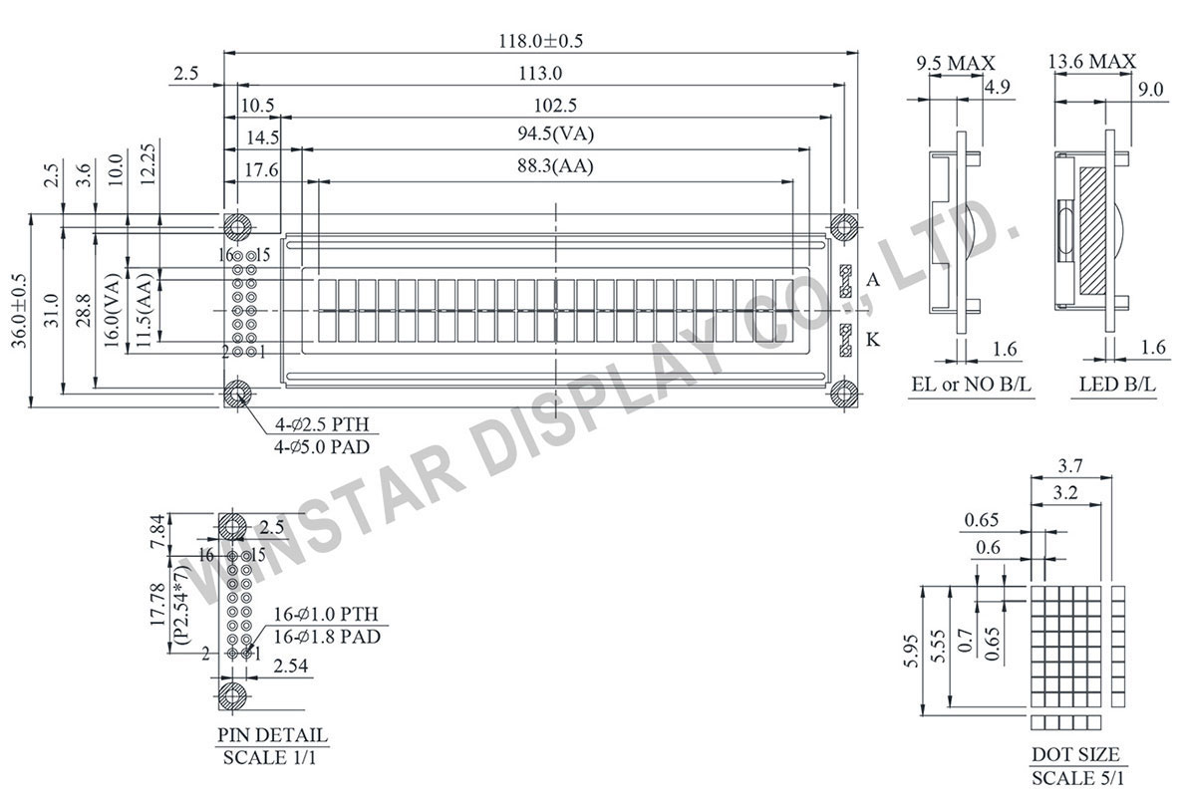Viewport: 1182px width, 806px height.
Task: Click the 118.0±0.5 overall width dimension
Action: coord(539,41)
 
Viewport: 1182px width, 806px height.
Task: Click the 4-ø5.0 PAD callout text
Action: coord(322,447)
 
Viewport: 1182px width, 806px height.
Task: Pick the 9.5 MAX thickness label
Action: coord(955,63)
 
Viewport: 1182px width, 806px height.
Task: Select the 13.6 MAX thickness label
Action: coord(1091,63)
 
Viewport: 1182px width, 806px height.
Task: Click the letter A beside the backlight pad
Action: coord(873,281)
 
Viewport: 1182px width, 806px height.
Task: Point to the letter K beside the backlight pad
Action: coord(873,341)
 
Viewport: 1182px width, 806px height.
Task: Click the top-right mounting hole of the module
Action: coord(845,226)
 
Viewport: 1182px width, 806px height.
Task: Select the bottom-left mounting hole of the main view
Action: coord(237,394)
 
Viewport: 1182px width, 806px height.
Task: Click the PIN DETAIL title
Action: coord(272,735)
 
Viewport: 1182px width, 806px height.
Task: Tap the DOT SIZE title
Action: coord(1074,754)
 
